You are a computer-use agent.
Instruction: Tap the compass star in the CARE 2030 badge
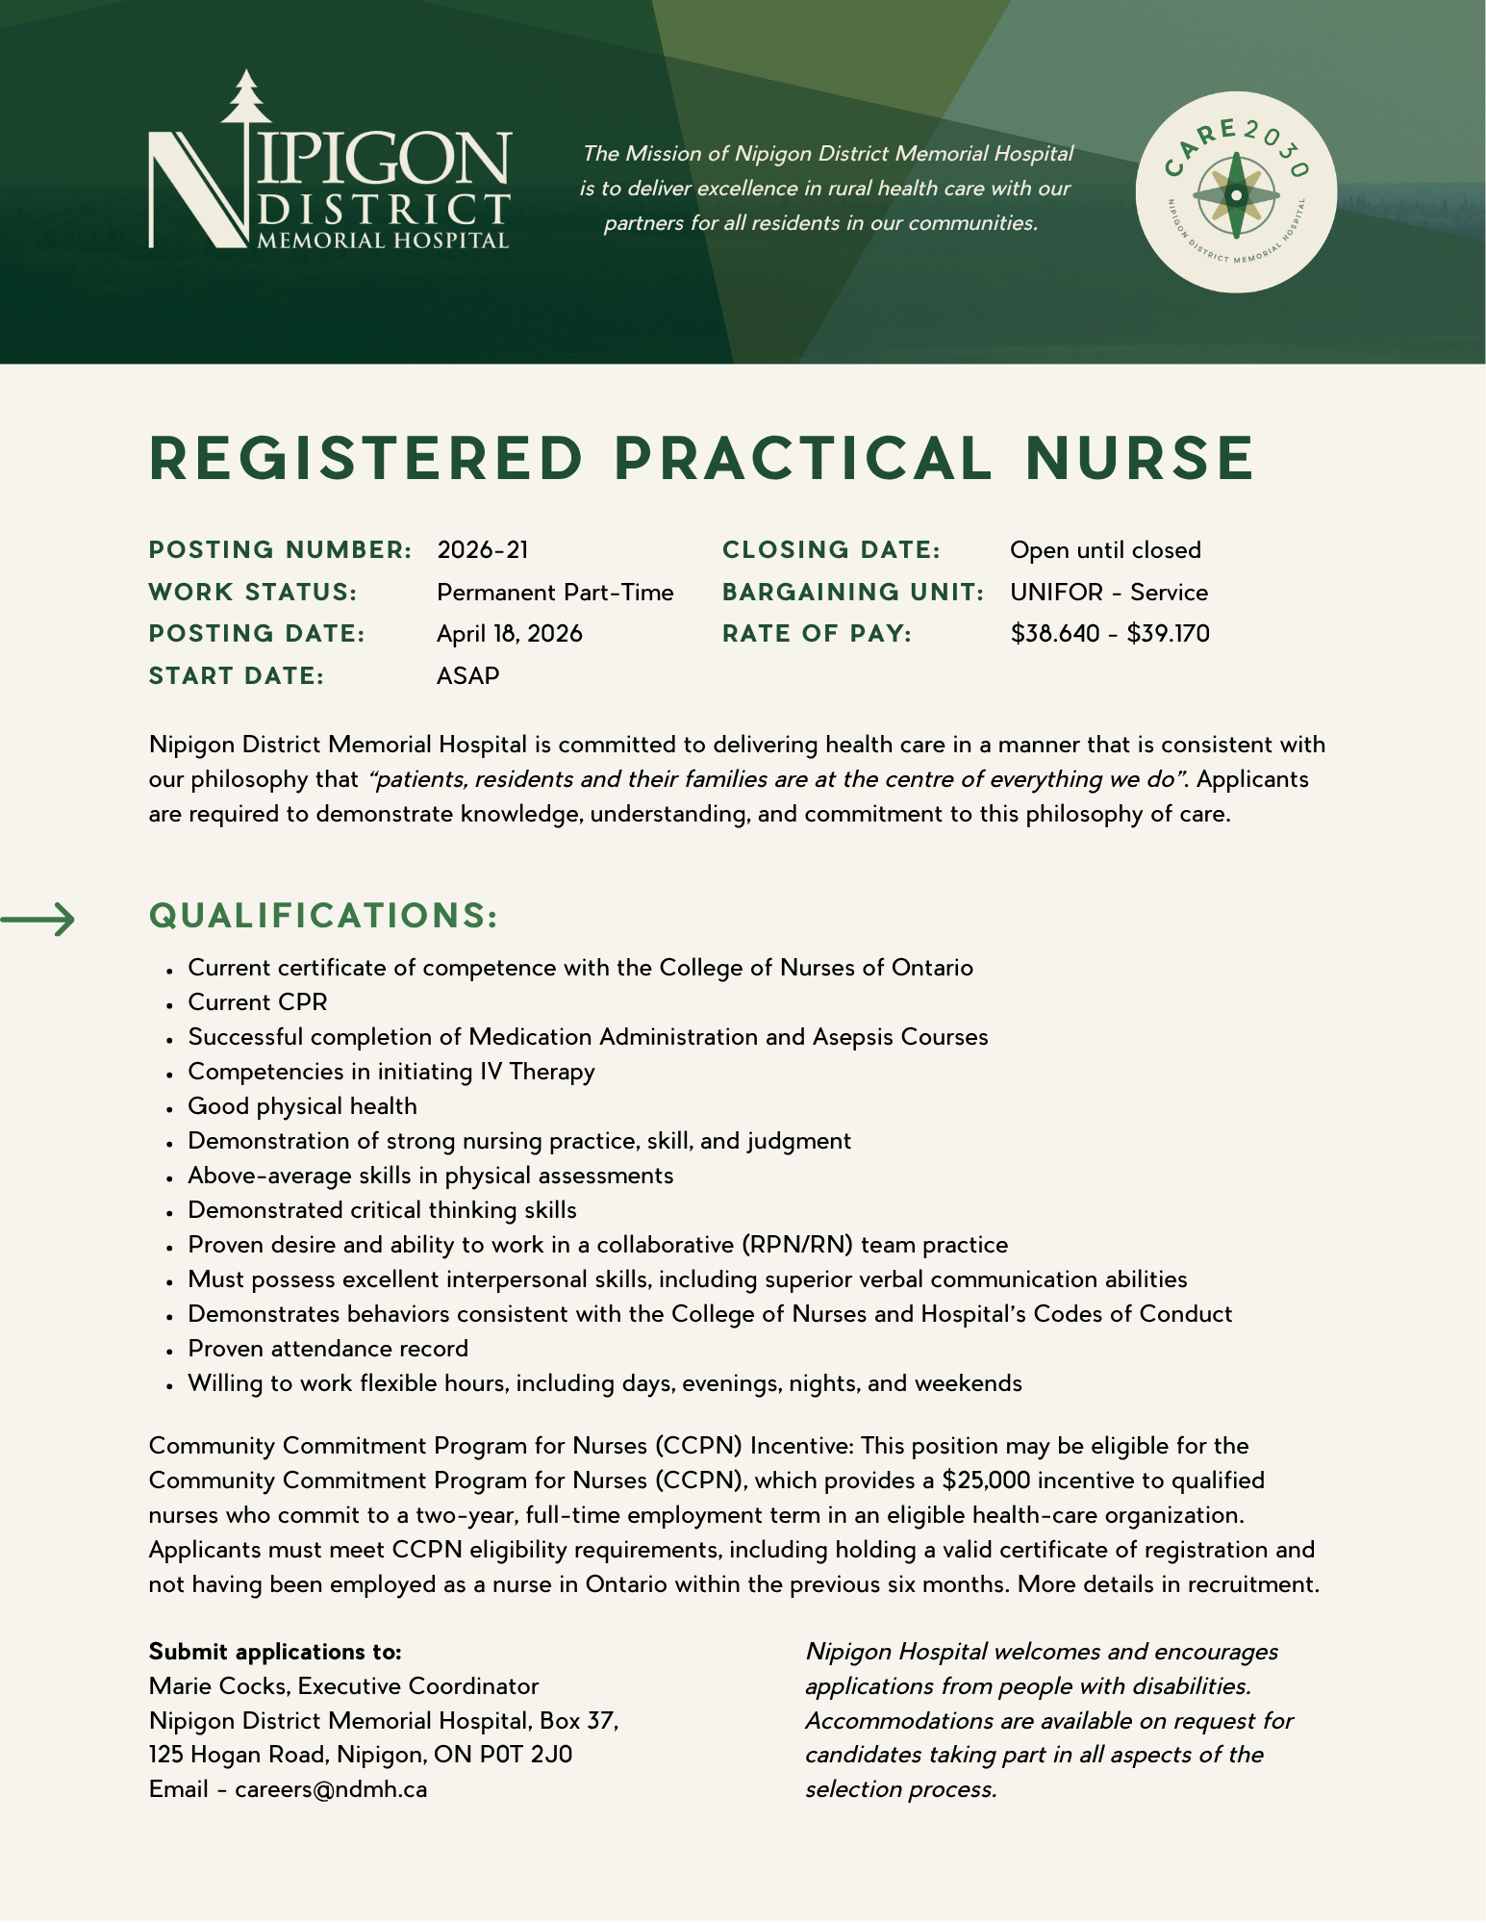point(1236,195)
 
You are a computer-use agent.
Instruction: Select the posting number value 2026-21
point(483,550)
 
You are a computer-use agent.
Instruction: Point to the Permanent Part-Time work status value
point(555,593)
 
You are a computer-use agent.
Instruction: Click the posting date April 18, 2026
point(510,634)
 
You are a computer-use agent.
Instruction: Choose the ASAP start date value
point(468,676)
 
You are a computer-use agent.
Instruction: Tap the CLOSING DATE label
point(831,550)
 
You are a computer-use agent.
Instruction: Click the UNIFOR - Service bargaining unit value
point(1109,593)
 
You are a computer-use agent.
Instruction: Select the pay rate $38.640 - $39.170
point(1110,634)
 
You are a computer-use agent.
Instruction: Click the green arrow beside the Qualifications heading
point(38,920)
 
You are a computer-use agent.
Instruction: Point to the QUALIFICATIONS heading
point(324,916)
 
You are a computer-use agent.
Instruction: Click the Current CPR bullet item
point(258,1002)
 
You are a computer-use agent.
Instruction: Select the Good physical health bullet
point(302,1106)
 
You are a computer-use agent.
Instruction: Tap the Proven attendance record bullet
point(328,1349)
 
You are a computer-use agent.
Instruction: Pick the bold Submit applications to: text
point(275,1652)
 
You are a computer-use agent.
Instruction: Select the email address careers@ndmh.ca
point(331,1790)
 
